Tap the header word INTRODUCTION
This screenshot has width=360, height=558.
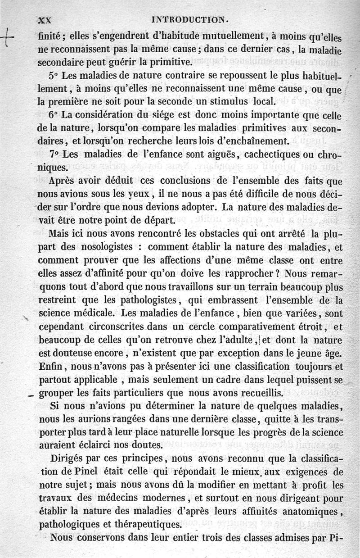(x=191, y=20)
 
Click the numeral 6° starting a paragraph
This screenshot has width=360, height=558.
(x=54, y=115)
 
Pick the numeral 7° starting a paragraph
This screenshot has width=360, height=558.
(x=54, y=154)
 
